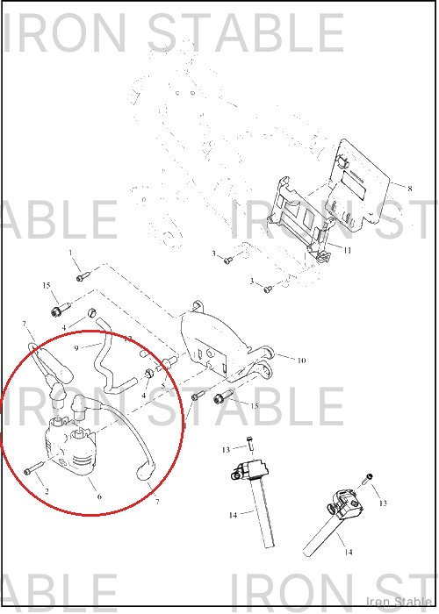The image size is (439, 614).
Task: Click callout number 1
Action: click(x=70, y=253)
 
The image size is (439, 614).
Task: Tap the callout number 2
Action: click(x=47, y=491)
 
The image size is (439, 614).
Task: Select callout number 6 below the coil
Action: click(x=99, y=496)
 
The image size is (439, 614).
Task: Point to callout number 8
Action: click(x=410, y=189)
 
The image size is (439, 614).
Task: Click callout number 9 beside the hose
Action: click(x=76, y=347)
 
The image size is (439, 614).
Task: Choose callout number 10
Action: click(x=301, y=361)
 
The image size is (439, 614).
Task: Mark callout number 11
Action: click(x=348, y=250)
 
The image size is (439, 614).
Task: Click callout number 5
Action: click(x=163, y=385)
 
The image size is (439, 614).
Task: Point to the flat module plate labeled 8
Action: click(x=363, y=184)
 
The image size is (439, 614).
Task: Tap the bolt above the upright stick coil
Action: click(x=250, y=442)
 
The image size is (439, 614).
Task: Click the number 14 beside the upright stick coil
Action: click(x=234, y=516)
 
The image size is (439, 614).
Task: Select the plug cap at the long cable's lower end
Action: click(x=146, y=471)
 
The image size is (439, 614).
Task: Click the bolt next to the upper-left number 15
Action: click(x=61, y=309)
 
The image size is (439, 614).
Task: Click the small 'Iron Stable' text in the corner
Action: click(x=399, y=602)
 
